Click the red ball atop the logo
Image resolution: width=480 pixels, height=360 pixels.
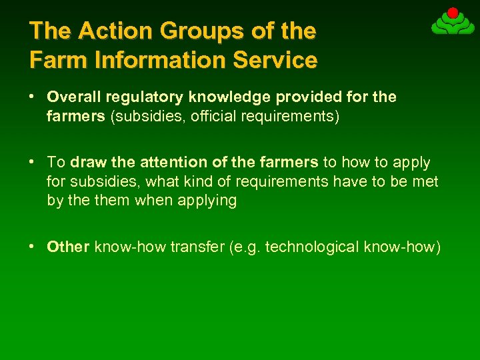[453, 13]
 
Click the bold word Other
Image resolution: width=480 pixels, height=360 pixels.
[68, 247]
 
